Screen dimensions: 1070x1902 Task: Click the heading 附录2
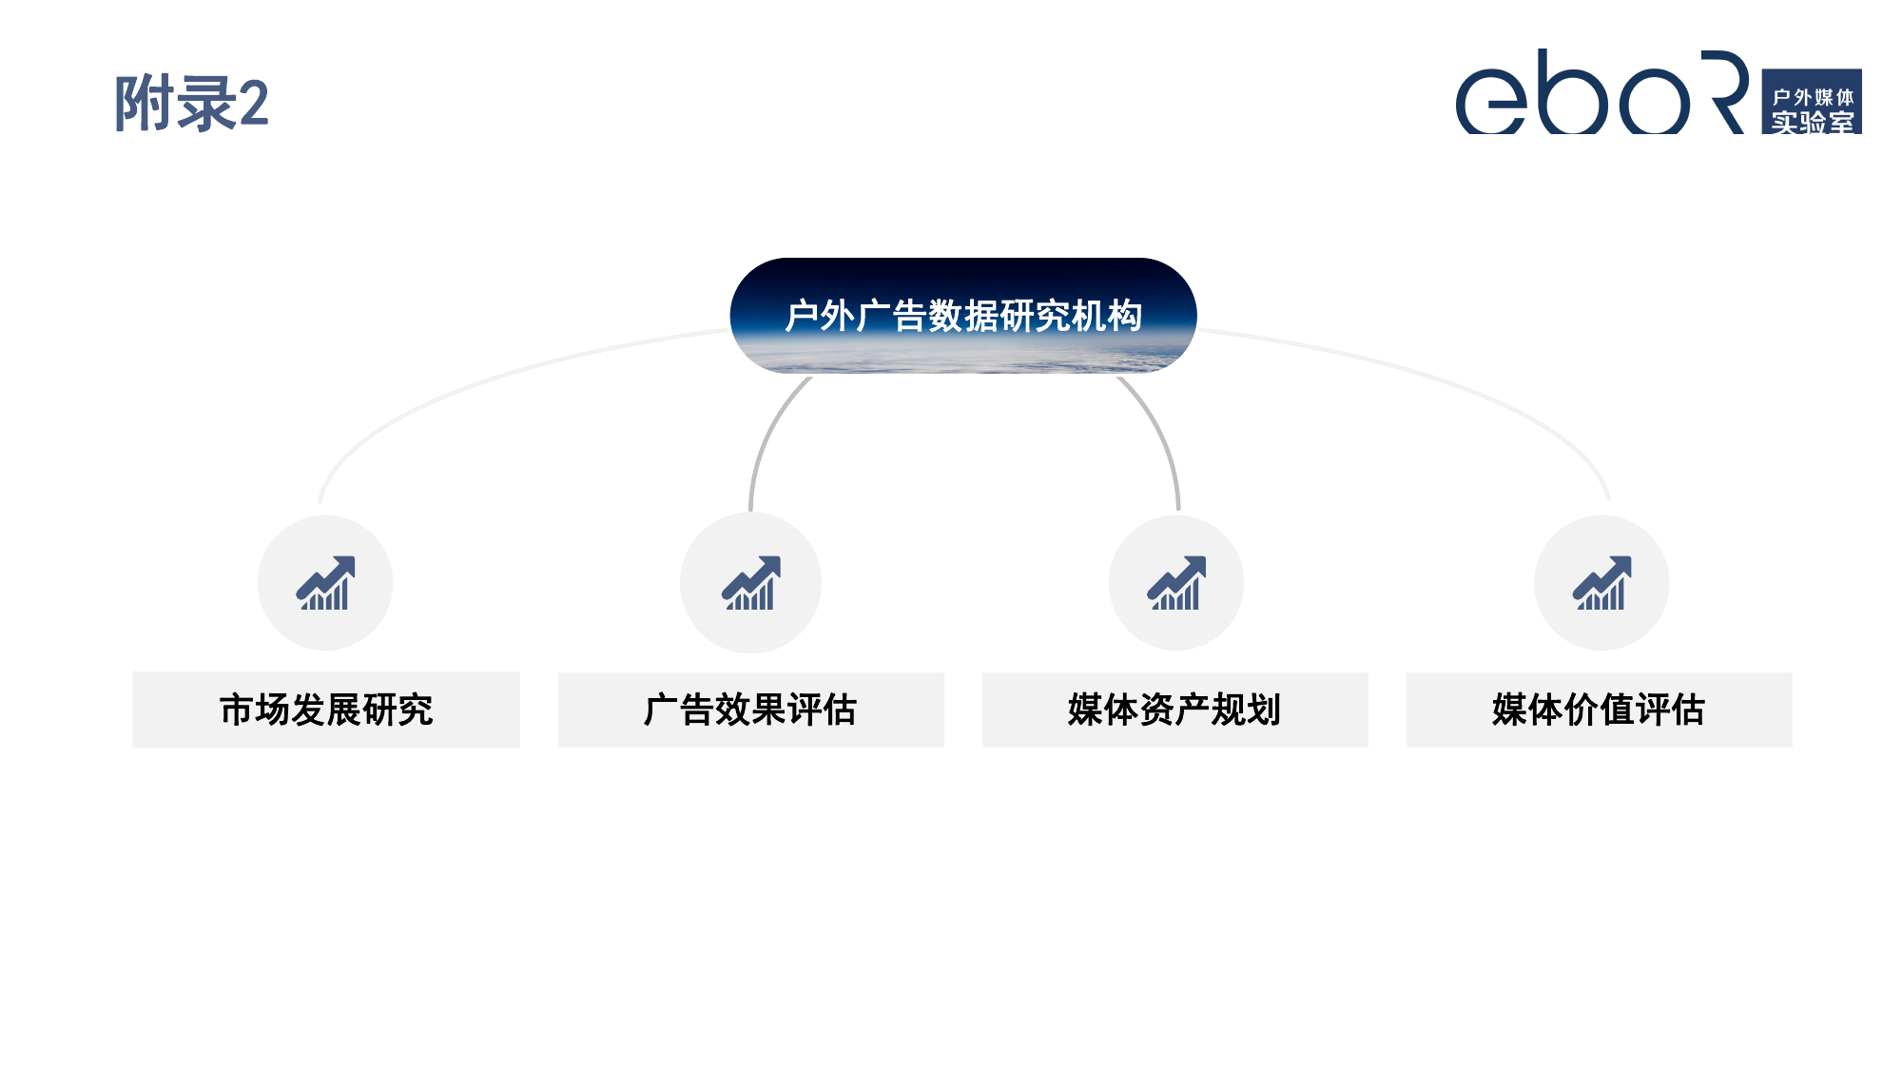[191, 104]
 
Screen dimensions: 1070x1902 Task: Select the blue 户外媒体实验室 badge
[1811, 102]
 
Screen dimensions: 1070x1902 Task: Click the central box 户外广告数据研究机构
[962, 316]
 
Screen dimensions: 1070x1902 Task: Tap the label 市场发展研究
[325, 710]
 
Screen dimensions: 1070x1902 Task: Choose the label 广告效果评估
[750, 710]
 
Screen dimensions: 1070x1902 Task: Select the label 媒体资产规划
[1174, 710]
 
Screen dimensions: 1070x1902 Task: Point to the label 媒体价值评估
[1599, 710]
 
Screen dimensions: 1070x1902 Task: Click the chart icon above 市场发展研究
[325, 583]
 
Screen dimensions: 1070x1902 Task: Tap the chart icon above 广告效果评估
[750, 583]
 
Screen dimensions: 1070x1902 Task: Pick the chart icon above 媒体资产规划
[1176, 583]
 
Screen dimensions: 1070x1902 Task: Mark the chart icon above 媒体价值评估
[1601, 583]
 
